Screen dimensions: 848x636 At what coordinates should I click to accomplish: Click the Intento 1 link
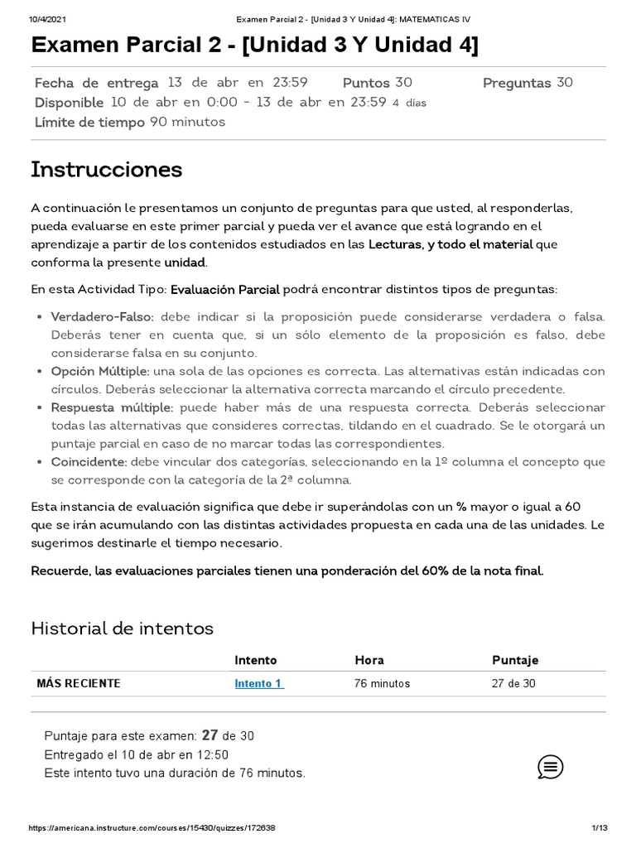258,683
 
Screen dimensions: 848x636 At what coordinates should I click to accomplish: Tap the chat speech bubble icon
551,766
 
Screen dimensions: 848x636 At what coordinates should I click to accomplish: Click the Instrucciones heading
106,170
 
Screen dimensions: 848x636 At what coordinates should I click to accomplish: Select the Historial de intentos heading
122,629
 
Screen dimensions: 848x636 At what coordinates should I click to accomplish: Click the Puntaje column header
515,660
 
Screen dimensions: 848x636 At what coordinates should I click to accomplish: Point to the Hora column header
369,660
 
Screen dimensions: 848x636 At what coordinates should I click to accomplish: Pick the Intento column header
256,660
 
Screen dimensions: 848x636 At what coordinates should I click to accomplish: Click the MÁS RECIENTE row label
79,683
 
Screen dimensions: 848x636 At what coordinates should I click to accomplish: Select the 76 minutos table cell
382,683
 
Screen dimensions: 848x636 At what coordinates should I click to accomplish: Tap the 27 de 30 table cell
516,683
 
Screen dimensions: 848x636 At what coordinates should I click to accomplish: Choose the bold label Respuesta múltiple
112,407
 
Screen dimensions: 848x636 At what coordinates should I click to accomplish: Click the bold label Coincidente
89,461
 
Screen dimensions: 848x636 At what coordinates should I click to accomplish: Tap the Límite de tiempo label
90,122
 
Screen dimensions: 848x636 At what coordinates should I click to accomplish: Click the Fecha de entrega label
96,83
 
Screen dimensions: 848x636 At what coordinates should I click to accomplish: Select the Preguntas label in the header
517,83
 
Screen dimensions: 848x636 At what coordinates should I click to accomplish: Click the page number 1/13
600,828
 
